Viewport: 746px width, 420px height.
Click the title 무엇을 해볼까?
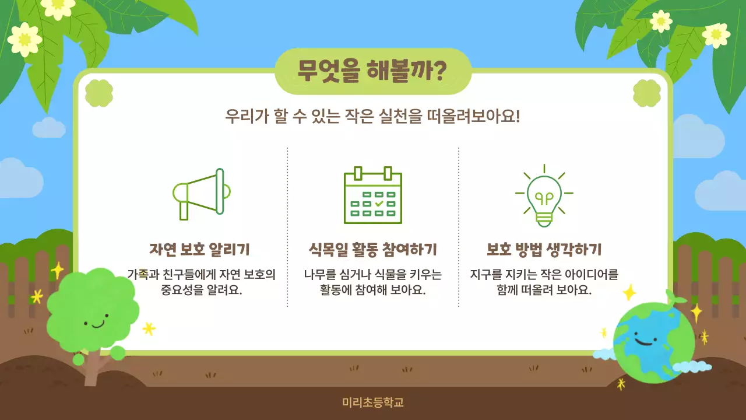coord(372,71)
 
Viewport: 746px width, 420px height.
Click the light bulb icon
coord(544,196)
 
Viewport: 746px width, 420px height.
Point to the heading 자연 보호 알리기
coord(200,250)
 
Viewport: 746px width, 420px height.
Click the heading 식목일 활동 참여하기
coord(373,250)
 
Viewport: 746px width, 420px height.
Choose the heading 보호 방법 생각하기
coord(544,250)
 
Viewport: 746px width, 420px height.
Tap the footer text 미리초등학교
coord(373,402)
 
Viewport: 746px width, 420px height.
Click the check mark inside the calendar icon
coord(379,204)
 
